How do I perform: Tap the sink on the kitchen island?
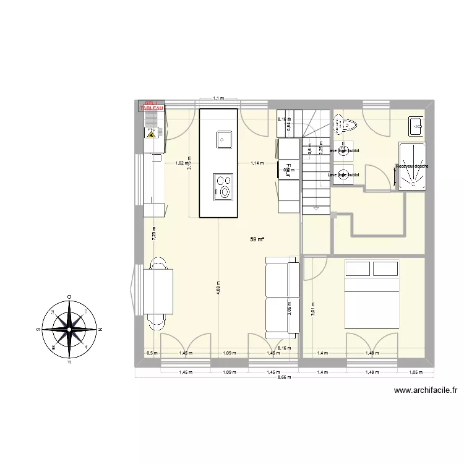tap(223, 139)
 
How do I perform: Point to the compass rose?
tap(69, 327)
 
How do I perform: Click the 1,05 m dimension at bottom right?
tap(415, 373)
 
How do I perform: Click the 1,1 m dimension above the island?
tap(218, 98)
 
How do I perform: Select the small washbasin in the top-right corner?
tap(416, 126)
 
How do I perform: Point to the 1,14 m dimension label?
tap(257, 163)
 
